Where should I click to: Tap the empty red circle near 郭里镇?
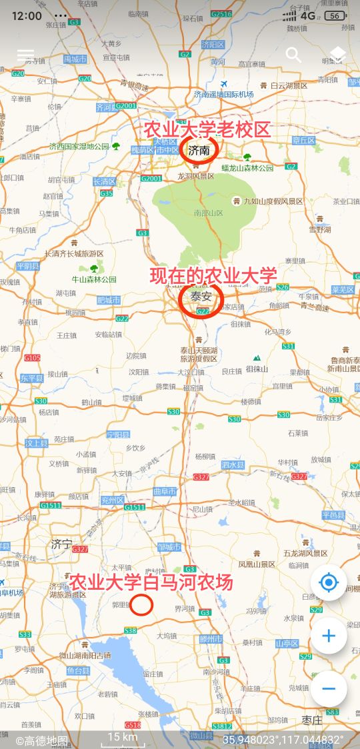coord(142,605)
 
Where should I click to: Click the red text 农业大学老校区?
coord(207,129)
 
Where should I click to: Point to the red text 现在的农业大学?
coord(213,275)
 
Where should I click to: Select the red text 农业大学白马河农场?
coord(151,582)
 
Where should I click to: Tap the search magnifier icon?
coord(293,55)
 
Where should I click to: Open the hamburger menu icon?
coord(25,55)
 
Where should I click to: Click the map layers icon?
coord(337,55)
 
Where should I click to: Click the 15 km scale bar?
coord(123,738)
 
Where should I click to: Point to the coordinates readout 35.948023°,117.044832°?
coord(283,740)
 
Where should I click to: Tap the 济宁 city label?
coord(61,544)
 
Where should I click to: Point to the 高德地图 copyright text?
coord(43,740)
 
